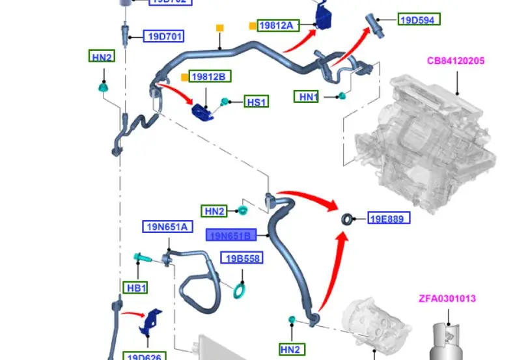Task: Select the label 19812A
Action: [277, 25]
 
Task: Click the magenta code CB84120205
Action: [456, 61]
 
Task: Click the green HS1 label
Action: [256, 102]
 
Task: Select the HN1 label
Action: [307, 97]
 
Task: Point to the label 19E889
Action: [389, 218]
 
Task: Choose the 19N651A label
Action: [166, 227]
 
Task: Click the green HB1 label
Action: [136, 288]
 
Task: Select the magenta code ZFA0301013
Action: [447, 299]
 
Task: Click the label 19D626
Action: [145, 356]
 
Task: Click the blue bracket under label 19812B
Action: [204, 111]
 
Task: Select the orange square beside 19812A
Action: [253, 25]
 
